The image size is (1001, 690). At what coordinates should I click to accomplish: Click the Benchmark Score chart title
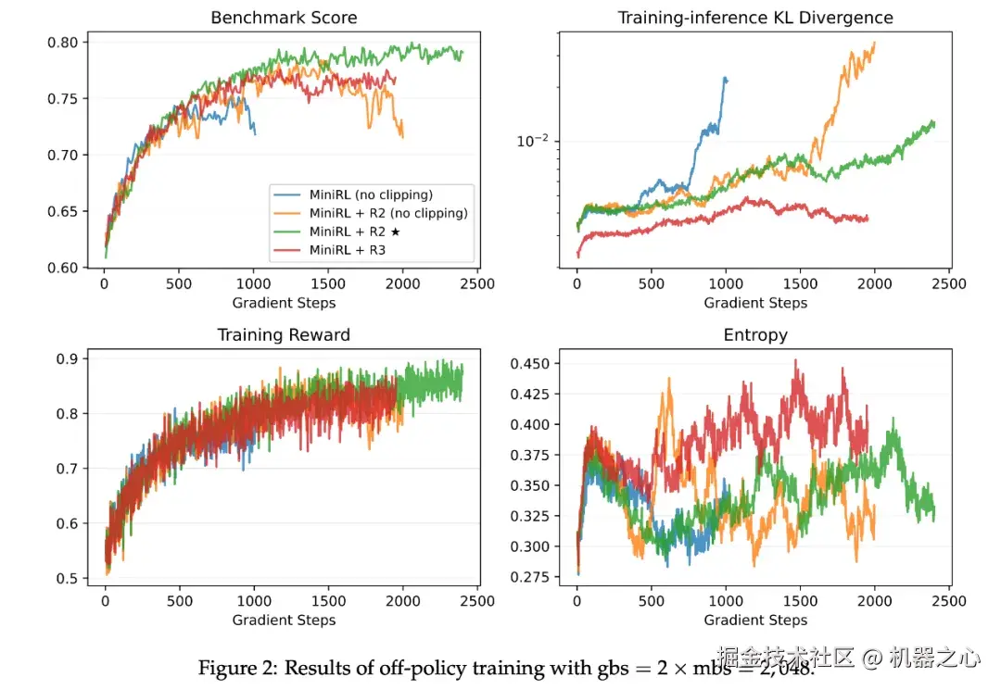(284, 18)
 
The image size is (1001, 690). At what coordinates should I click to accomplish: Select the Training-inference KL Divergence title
(755, 18)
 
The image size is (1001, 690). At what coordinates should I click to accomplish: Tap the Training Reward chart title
(284, 334)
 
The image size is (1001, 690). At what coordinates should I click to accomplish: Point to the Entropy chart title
(755, 334)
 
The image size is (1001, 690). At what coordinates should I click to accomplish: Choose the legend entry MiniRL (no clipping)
(370, 194)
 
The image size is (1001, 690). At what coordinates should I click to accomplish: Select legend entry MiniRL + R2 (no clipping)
(387, 213)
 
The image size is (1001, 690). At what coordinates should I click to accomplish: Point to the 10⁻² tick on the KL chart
(532, 141)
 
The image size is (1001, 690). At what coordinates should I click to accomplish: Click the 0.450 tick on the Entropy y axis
(529, 363)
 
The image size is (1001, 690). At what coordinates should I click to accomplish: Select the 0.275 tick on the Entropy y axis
(529, 576)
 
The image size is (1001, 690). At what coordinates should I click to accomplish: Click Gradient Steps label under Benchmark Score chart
(284, 303)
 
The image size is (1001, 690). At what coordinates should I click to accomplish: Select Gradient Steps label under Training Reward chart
(284, 620)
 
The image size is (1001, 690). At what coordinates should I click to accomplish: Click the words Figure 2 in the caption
(231, 668)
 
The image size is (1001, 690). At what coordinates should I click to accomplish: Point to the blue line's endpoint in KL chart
(726, 80)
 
